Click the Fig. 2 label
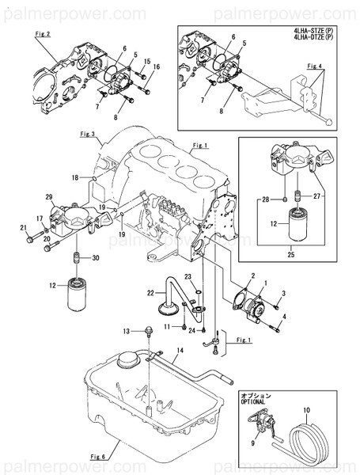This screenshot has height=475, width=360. [43, 35]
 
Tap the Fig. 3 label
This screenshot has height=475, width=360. [87, 135]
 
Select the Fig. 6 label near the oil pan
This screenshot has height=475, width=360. [98, 457]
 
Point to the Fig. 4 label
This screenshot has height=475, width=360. [316, 66]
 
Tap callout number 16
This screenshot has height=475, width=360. [156, 67]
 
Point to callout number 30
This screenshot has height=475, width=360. [96, 258]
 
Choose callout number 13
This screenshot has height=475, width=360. [126, 330]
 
